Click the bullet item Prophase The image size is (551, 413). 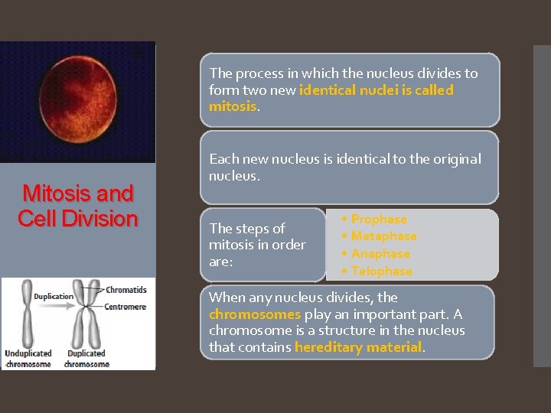pos(379,220)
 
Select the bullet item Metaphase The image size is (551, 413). pos(383,236)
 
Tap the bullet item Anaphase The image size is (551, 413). pos(380,254)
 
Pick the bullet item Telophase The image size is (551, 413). pos(381,271)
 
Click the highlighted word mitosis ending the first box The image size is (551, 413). pos(233,106)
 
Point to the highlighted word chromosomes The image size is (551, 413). pos(255,314)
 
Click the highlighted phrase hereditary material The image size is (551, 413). pos(358,347)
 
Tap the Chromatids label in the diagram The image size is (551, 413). pos(126,291)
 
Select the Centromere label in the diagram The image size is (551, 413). pos(126,307)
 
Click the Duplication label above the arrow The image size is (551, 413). pos(54,297)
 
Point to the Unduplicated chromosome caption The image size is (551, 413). pos(28,358)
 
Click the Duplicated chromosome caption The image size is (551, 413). pos(86,358)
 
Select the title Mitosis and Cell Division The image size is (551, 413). pos(77,206)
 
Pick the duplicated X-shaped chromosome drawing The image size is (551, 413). pos(85,315)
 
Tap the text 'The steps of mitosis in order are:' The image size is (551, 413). pos(257,245)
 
